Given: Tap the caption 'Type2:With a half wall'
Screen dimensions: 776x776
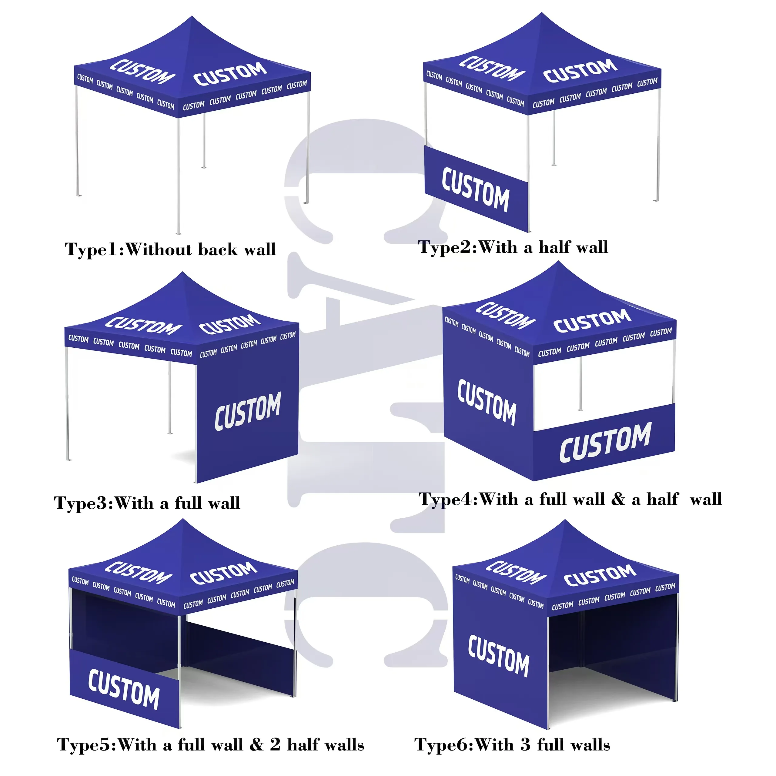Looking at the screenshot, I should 513,247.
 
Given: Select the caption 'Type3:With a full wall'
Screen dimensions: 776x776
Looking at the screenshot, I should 147,503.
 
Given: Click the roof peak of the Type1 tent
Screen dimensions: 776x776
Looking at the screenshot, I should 192,17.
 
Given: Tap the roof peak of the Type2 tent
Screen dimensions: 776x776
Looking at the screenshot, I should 541,13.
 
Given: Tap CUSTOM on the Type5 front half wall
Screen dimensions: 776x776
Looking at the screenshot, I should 124,689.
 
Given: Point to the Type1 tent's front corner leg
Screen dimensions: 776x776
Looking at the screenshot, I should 178,177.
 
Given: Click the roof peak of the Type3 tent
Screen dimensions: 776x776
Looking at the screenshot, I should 182,273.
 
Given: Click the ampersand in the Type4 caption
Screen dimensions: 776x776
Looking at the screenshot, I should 618,499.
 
